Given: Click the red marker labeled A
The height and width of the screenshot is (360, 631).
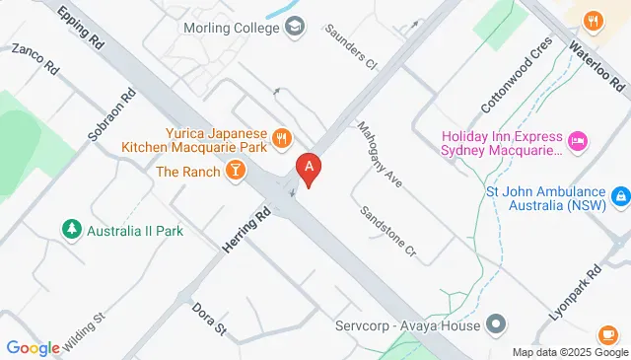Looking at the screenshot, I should (309, 170).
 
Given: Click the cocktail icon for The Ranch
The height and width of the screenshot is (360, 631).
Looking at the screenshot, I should (236, 172).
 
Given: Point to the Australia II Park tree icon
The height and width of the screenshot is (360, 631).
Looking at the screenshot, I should (70, 230).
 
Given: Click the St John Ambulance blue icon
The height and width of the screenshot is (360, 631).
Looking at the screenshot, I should (619, 197).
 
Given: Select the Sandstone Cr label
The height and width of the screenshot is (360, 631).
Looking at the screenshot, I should (387, 230).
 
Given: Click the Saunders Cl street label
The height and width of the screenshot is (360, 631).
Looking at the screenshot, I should (351, 44).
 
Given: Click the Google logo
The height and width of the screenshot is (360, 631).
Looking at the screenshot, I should (33, 346).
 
